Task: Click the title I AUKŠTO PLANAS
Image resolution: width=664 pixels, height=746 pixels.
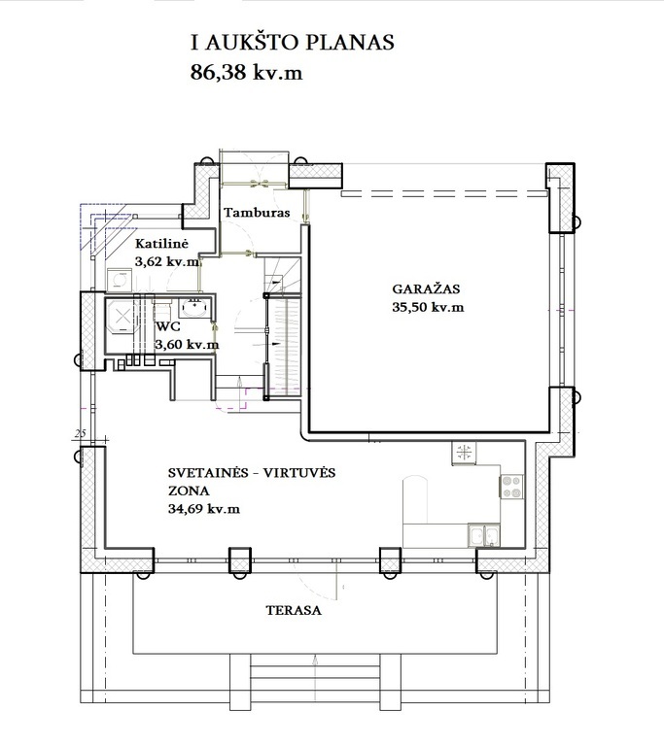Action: click(x=293, y=42)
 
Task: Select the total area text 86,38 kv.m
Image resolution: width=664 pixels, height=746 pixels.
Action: click(x=246, y=72)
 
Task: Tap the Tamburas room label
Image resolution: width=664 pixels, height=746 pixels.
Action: click(x=257, y=212)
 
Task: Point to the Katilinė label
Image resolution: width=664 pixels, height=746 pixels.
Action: click(x=161, y=244)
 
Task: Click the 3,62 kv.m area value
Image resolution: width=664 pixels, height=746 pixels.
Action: click(x=167, y=261)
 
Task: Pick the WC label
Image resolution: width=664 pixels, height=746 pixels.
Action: click(x=167, y=327)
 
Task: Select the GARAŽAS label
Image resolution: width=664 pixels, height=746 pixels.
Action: click(x=426, y=288)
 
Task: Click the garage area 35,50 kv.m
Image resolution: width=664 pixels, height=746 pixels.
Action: click(x=428, y=307)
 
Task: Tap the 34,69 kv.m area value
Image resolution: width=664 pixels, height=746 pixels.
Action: click(x=204, y=509)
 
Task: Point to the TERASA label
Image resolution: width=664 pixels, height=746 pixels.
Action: click(x=294, y=610)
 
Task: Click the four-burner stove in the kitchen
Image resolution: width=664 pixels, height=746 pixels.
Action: click(x=511, y=487)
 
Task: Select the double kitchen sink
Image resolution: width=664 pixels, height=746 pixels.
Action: click(x=483, y=535)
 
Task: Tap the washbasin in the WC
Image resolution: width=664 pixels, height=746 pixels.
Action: click(x=194, y=307)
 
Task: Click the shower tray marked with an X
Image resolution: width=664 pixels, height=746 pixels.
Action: click(x=122, y=315)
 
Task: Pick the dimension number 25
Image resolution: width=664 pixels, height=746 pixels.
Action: click(x=80, y=433)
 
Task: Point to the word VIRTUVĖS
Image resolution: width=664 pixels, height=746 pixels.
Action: click(x=299, y=473)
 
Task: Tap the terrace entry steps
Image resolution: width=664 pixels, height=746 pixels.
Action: click(x=316, y=677)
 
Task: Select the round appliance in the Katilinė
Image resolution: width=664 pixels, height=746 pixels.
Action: click(x=119, y=280)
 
